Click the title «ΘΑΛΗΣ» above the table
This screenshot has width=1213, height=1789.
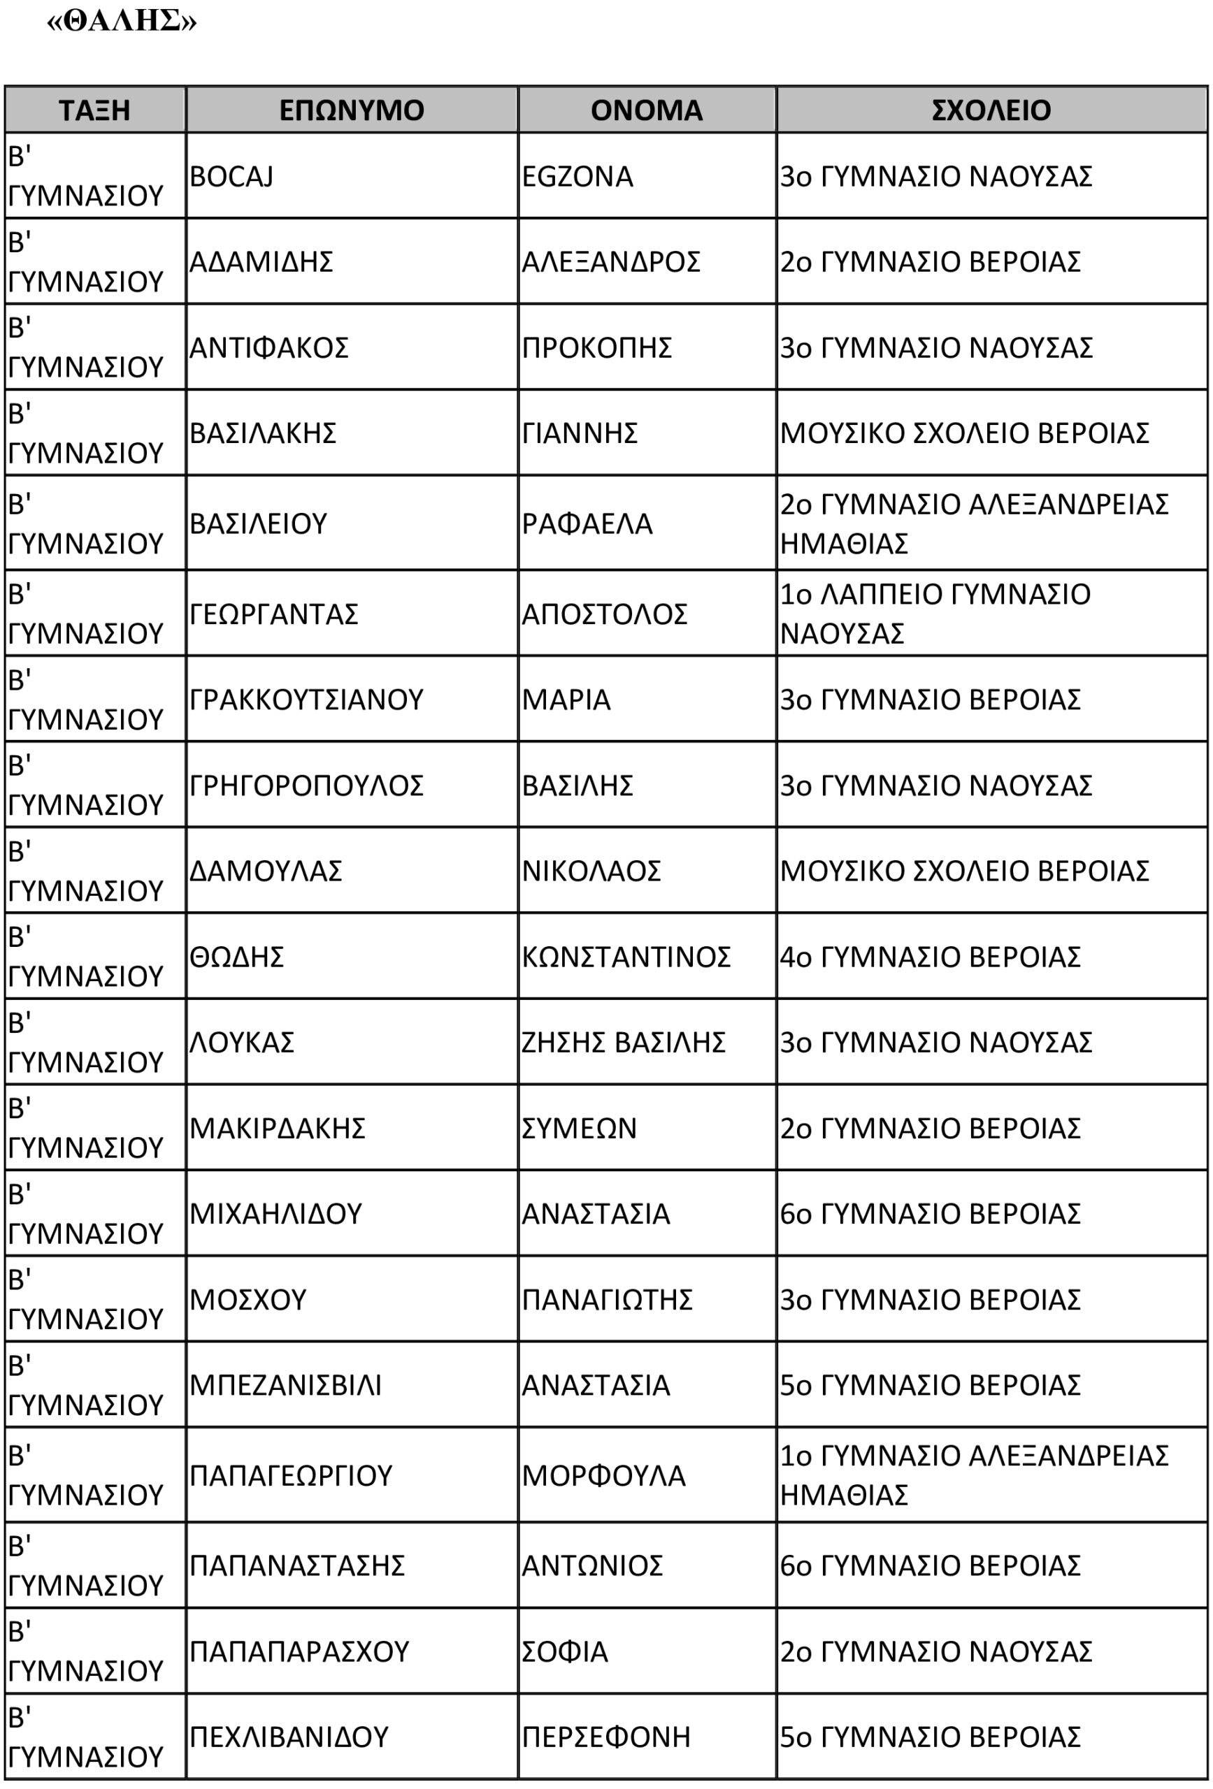coord(122,21)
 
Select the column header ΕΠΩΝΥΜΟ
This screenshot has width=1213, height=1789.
coord(351,110)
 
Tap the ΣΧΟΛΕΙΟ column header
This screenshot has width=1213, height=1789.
coord(991,110)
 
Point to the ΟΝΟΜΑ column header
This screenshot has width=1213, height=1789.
coord(646,110)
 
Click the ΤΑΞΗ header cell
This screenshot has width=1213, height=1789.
coord(94,110)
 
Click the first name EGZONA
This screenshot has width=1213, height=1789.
coord(577,177)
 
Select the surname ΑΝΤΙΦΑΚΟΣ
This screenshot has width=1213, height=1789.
coord(268,348)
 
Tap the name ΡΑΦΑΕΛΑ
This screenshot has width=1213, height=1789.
coord(587,524)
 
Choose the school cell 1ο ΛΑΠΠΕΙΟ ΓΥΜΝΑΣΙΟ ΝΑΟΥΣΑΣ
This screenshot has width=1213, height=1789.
coord(935,614)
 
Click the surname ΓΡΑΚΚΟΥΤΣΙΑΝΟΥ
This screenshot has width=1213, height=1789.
coord(306,700)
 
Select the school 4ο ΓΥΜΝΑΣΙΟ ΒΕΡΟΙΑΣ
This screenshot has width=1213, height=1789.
coord(931,957)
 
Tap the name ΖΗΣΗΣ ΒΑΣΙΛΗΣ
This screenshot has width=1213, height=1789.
coord(624,1042)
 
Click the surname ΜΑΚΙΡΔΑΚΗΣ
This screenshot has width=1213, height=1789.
coord(278,1129)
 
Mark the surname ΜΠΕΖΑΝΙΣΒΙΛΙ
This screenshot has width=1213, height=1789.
coord(286,1386)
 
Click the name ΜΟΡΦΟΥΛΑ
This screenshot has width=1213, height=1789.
coord(604,1476)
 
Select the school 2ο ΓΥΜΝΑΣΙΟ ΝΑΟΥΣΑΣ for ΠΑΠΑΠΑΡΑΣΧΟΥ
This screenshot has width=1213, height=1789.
coord(935,1651)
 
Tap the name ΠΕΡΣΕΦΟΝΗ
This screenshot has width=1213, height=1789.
coord(606,1737)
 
